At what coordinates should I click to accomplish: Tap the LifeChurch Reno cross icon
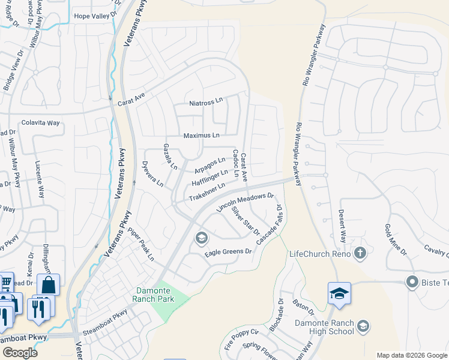[360, 253]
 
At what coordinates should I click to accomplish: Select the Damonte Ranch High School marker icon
[363, 326]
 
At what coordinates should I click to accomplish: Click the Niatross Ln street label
[205, 103]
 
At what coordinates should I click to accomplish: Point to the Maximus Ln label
[201, 136]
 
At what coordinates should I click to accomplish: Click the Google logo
[19, 353]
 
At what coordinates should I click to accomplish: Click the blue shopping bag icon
[48, 285]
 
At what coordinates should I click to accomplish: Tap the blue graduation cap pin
[339, 294]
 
